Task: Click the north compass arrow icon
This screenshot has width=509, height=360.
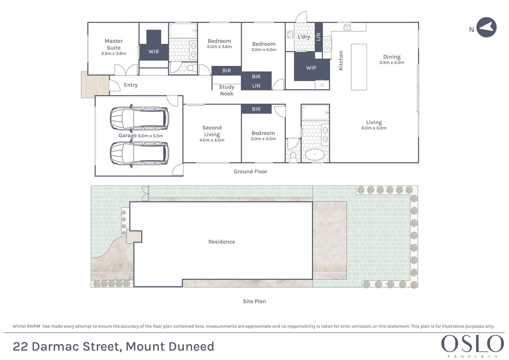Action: coord(486,27)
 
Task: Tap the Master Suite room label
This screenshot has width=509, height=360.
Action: coord(114,44)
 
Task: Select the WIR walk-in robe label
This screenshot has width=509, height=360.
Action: coord(154,52)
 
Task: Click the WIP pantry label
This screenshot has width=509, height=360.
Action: coord(311,68)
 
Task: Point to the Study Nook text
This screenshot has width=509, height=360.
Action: coord(227,90)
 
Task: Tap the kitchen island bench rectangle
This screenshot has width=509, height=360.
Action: coord(359,67)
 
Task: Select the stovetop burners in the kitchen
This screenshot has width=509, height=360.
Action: coord(327,44)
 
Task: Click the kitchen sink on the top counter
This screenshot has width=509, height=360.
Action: coord(347,27)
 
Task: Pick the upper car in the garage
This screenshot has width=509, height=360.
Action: coord(140,118)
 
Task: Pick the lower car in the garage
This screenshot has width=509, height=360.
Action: coord(140,153)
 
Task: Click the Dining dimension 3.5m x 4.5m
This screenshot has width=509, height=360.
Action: coord(392,62)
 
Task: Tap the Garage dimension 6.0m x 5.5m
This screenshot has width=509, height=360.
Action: coord(150,136)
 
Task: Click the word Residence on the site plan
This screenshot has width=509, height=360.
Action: coord(222,242)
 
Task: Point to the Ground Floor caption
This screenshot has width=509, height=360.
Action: coord(250,172)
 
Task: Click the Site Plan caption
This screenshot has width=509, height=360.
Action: coord(254,301)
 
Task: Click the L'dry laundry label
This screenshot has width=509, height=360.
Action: coord(304,37)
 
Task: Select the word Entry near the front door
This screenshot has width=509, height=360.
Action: coord(131,85)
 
